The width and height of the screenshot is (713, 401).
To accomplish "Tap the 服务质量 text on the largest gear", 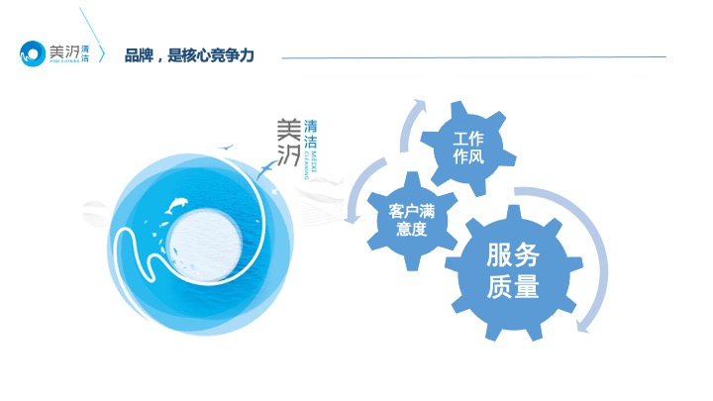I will tap(512, 272).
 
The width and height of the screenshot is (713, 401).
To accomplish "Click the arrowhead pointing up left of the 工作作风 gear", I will tap(420, 104).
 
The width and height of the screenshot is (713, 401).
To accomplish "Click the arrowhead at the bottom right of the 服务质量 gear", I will tap(587, 324).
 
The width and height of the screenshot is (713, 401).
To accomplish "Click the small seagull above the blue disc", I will tap(229, 150).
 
